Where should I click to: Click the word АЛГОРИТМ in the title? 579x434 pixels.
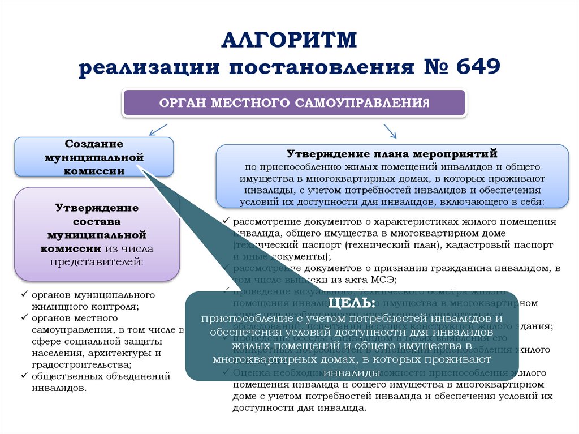click(289, 41)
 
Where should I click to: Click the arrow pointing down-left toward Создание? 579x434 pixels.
click(158, 130)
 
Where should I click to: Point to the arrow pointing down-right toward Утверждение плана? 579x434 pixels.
click(390, 131)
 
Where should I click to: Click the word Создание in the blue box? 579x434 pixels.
click(94, 144)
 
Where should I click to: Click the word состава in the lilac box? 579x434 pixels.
click(97, 221)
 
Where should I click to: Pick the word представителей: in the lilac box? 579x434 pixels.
click(97, 261)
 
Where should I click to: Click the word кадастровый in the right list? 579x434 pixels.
click(473, 244)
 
